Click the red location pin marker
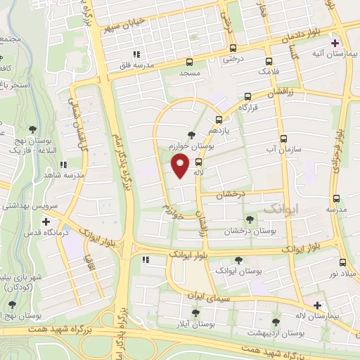tap(181, 166)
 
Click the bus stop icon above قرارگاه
tap(247, 97)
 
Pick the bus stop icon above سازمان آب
tap(283, 138)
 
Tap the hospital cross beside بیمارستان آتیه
tap(335, 42)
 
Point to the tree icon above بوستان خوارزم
tap(192, 134)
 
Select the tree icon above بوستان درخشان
tap(249, 219)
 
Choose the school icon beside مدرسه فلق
tap(136, 53)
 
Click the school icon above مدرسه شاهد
tap(63, 165)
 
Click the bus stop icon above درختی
tap(233, 49)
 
